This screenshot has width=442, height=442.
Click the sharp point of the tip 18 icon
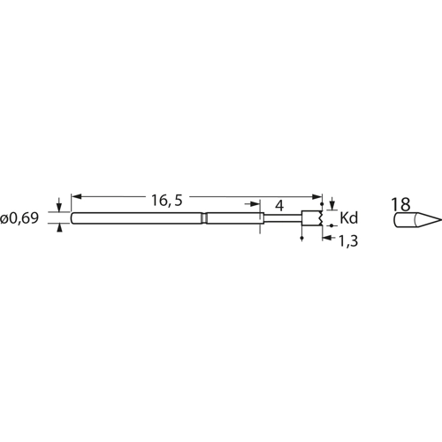pos(439,218)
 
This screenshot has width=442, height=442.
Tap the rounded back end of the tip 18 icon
pos(394,218)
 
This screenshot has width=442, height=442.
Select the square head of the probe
pos(310,218)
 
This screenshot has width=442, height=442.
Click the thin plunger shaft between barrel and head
pos(283,218)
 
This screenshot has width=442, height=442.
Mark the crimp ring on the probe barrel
pos(204,218)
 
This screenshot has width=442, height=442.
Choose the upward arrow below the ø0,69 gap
pos(59,228)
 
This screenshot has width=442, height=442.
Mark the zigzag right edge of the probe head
pos(318,218)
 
